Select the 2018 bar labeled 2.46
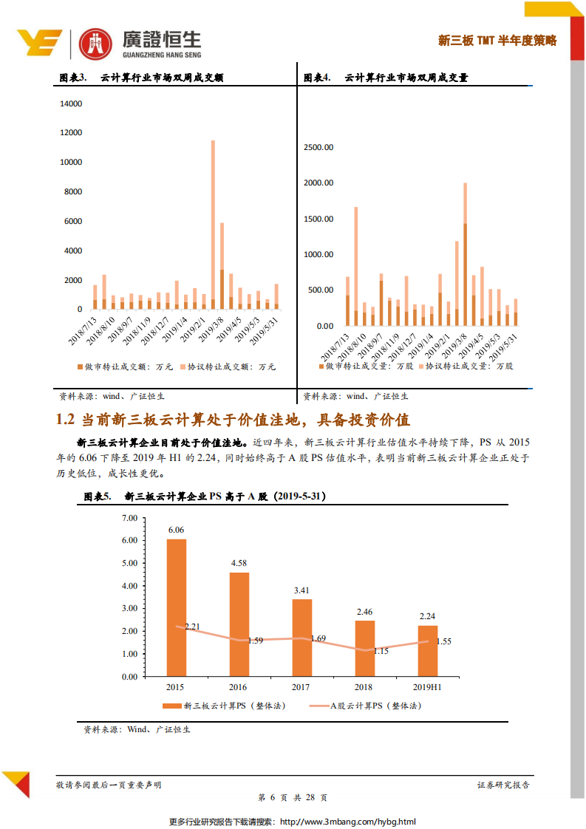pyautogui.click(x=365, y=648)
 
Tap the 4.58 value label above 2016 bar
pyautogui.click(x=239, y=563)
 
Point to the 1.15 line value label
pyautogui.click(x=381, y=651)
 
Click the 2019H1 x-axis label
pyautogui.click(x=427, y=687)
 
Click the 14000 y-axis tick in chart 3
pyautogui.click(x=71, y=103)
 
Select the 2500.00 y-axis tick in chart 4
pyautogui.click(x=318, y=147)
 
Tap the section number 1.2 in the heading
pyautogui.click(x=66, y=420)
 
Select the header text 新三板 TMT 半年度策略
pyautogui.click(x=497, y=41)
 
